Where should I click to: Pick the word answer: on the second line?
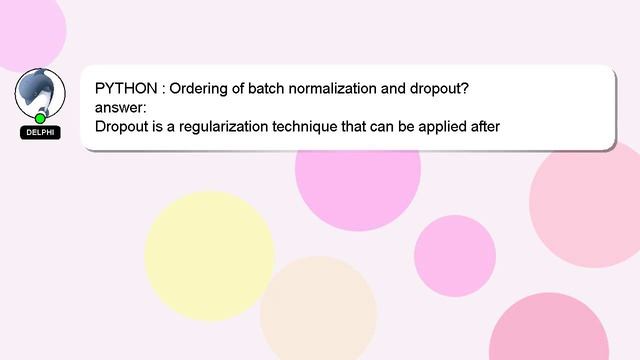click(x=121, y=108)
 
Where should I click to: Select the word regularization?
click(x=229, y=127)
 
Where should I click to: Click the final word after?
click(x=483, y=127)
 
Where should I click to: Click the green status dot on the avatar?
click(x=40, y=118)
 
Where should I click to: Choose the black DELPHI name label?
click(x=40, y=132)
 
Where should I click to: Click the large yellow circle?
click(x=209, y=255)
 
